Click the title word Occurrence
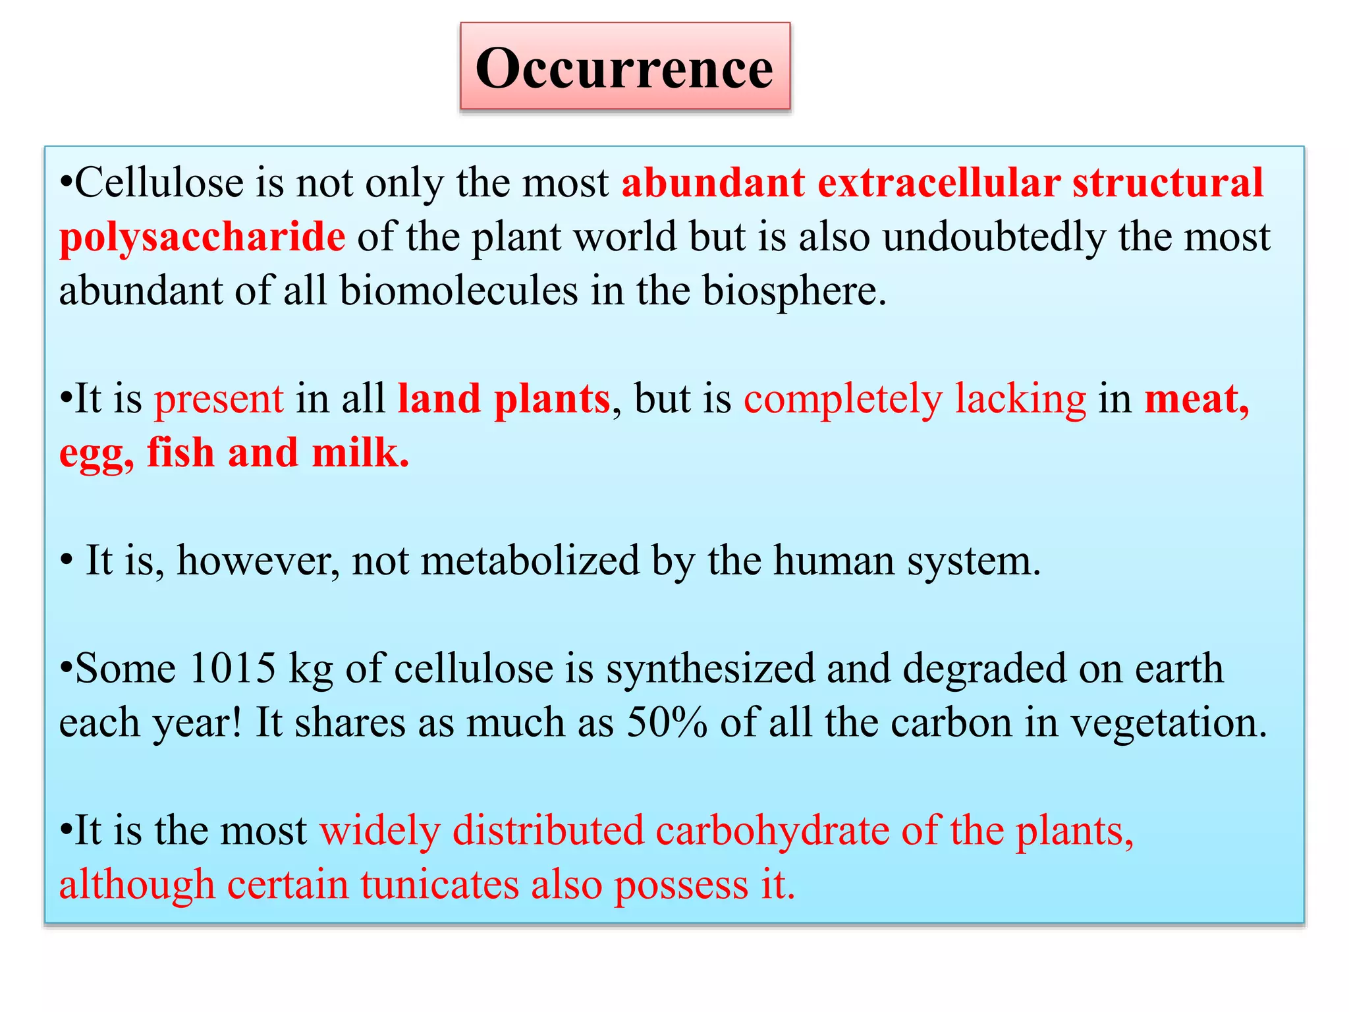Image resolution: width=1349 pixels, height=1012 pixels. click(x=624, y=69)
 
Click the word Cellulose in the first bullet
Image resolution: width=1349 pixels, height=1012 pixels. click(x=158, y=183)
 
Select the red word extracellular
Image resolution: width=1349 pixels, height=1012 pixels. click(x=939, y=183)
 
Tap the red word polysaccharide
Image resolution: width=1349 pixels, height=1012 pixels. click(x=202, y=237)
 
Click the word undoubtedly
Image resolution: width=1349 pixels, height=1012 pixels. click(x=994, y=237)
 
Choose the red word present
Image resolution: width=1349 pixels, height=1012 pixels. click(x=219, y=399)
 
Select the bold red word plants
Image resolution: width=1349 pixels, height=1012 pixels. click(x=552, y=399)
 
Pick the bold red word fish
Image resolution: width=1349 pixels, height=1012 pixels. click(x=180, y=453)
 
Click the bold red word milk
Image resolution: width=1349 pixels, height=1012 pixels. click(x=360, y=453)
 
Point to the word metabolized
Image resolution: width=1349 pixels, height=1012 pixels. click(x=530, y=561)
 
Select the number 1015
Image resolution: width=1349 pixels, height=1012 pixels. click(x=232, y=669)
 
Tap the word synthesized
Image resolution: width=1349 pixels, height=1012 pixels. click(x=710, y=669)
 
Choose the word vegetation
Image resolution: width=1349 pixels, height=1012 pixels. click(x=1169, y=723)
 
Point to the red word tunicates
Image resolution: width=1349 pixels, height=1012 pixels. click(x=439, y=884)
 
